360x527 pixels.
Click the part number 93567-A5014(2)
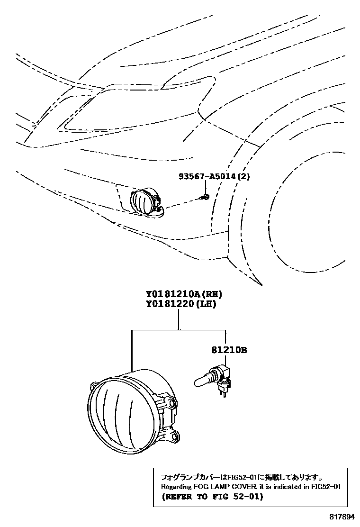(214, 176)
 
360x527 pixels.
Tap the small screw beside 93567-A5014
(205, 196)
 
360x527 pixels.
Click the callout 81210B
(229, 351)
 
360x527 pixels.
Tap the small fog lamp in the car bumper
(144, 201)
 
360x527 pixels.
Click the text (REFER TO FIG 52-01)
(212, 497)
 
